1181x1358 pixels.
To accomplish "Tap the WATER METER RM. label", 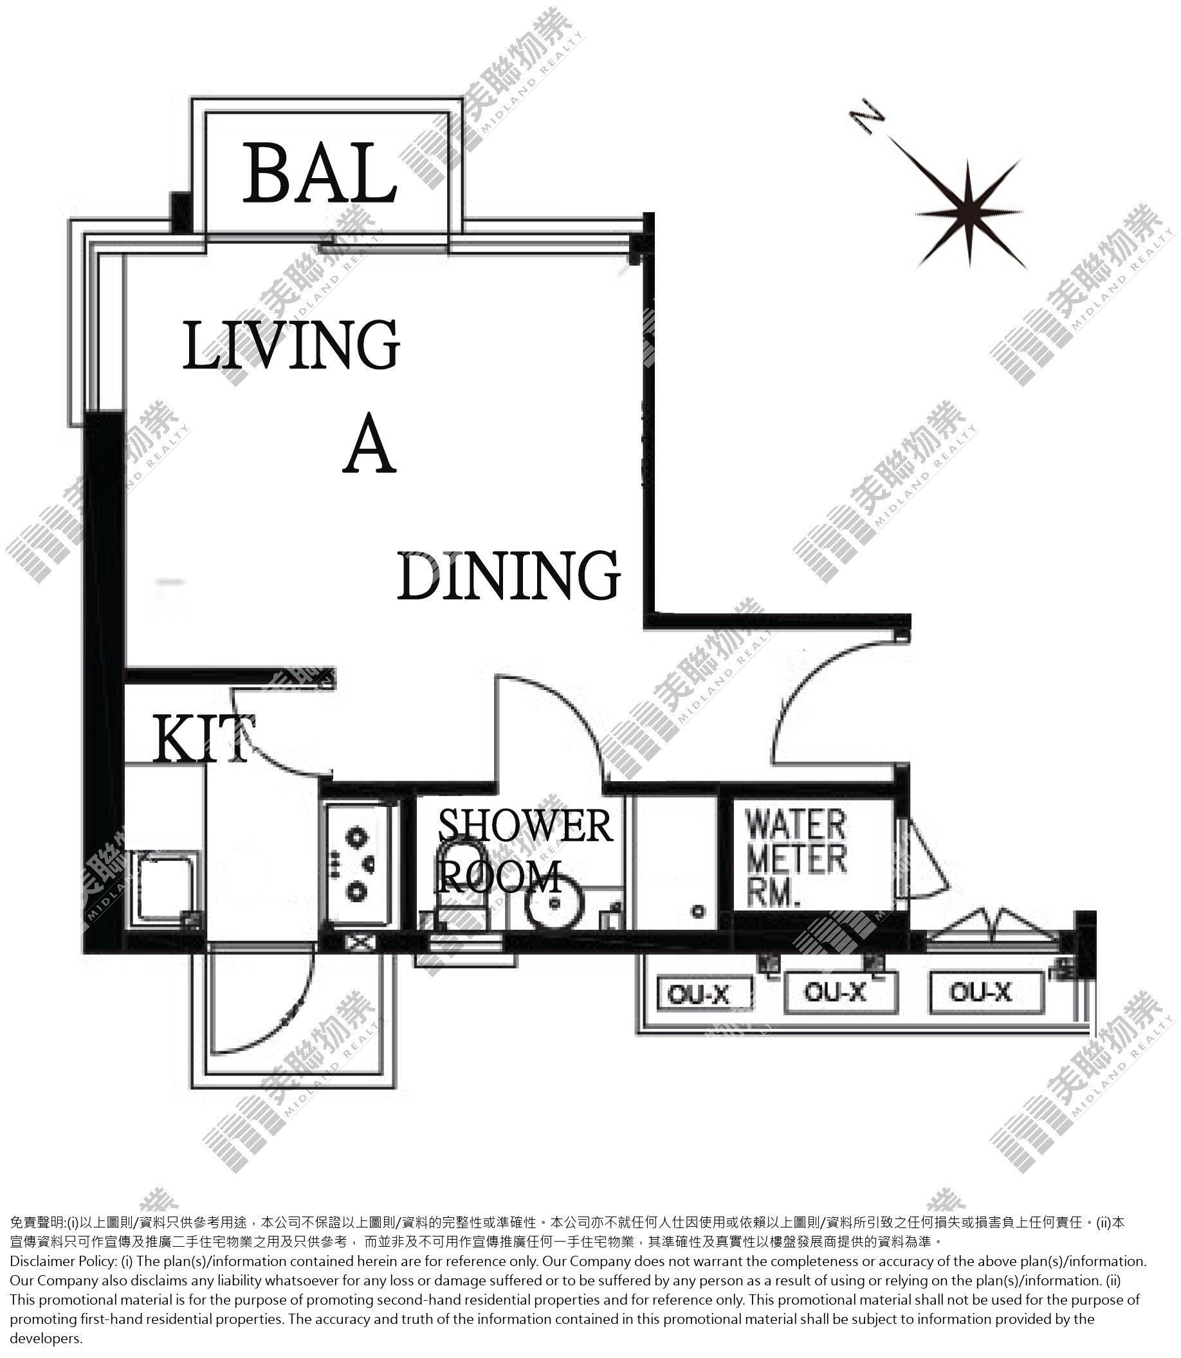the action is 796,858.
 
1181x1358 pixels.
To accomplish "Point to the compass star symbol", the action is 968,213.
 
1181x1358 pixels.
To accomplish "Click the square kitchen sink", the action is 165,888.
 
